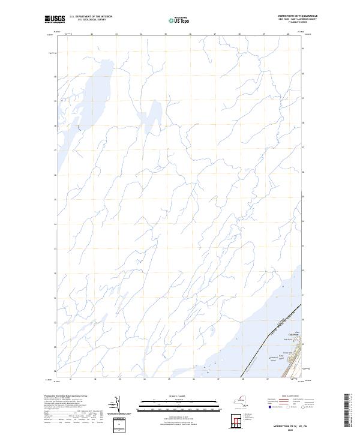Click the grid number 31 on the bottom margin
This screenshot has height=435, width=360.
click(x=71, y=379)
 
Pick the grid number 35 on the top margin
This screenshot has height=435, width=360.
click(x=165, y=34)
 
